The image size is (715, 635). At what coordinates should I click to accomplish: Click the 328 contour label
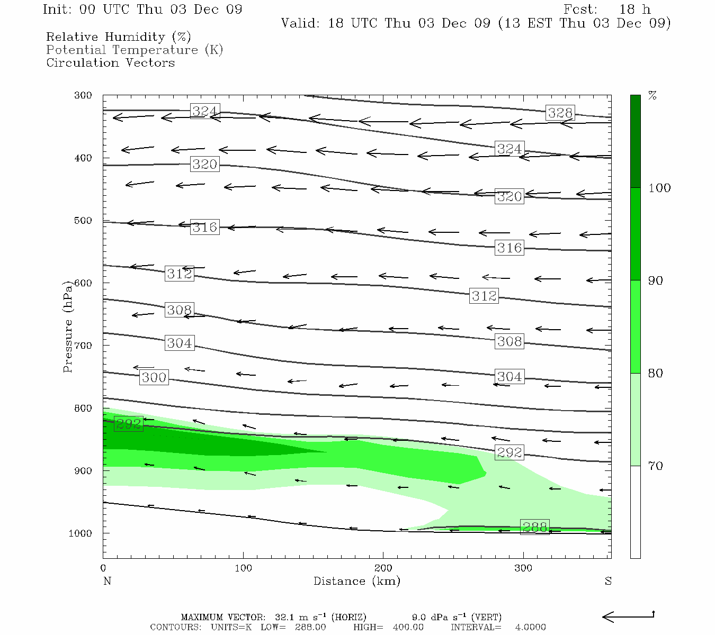click(560, 113)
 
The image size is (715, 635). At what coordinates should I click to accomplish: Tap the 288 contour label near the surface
click(534, 527)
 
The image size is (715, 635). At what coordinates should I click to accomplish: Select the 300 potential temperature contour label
click(154, 377)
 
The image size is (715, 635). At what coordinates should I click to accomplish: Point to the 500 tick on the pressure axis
click(84, 221)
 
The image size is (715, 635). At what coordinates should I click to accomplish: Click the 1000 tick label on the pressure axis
click(81, 533)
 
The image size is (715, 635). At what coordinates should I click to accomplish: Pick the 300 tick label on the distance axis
click(523, 568)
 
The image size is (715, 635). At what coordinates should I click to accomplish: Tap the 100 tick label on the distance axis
click(243, 568)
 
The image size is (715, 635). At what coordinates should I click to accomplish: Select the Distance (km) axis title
click(356, 581)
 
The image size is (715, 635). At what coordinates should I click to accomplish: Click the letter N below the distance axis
click(107, 581)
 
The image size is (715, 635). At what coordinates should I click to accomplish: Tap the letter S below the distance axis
click(608, 581)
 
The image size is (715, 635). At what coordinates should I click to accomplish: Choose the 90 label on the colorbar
click(656, 280)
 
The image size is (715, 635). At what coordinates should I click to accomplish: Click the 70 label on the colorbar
click(656, 466)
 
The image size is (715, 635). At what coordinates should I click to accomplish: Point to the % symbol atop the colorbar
click(653, 96)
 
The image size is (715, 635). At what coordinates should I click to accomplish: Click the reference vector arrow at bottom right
click(628, 616)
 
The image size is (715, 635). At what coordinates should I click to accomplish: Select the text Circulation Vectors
click(110, 62)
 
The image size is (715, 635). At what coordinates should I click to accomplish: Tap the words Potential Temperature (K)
click(135, 50)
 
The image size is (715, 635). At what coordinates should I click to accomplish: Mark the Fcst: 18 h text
click(607, 10)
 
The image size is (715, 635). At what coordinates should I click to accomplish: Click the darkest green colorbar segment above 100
click(635, 141)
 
